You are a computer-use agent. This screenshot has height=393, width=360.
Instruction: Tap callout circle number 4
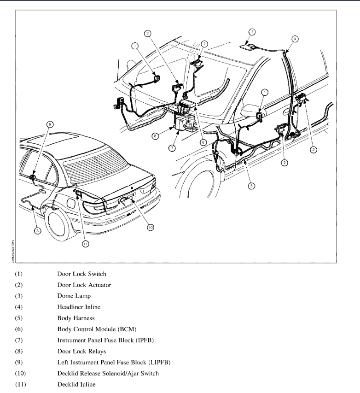tap(295, 39)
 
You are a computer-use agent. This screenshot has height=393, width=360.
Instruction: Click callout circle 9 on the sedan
tap(50, 124)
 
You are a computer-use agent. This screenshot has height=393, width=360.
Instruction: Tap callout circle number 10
tap(151, 228)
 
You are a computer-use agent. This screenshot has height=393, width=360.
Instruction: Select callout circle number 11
tap(85, 244)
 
